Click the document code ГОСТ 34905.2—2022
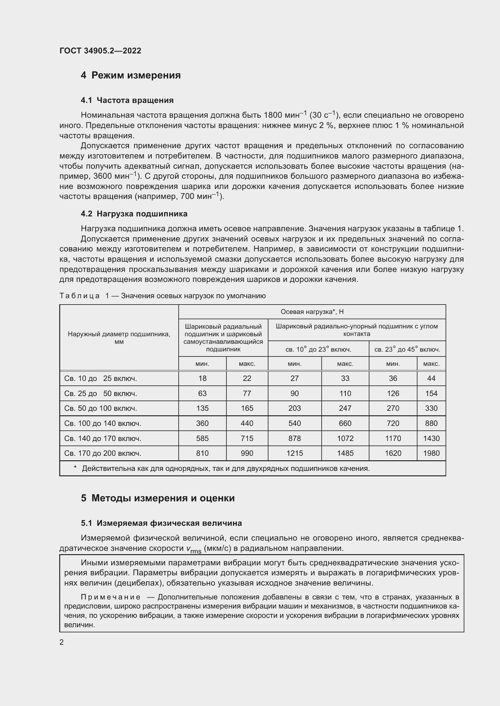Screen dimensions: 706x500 click(x=100, y=51)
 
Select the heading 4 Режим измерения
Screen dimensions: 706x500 click(x=131, y=75)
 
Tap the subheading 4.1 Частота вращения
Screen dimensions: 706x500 click(x=127, y=100)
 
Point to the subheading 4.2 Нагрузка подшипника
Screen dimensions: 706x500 click(x=134, y=214)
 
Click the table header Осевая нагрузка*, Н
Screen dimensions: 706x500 click(x=312, y=312)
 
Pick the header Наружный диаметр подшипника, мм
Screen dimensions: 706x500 click(x=119, y=338)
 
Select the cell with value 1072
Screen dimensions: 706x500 click(x=345, y=439)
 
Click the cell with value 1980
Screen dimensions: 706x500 click(x=431, y=453)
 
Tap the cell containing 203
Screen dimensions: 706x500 click(x=294, y=408)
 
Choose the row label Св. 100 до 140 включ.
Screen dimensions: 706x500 click(x=102, y=423)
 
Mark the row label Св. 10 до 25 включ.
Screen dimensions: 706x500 click(x=100, y=379)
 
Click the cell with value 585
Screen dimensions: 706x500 click(x=202, y=439)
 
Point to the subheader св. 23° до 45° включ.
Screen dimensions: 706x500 click(x=407, y=350)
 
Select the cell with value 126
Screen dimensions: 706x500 click(x=393, y=394)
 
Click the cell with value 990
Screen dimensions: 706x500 click(x=247, y=453)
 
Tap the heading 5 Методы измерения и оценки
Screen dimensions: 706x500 click(x=157, y=498)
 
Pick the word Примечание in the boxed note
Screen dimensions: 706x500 click(x=111, y=597)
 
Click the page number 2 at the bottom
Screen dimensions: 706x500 click(x=62, y=642)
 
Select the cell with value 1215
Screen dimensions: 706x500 click(x=294, y=453)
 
